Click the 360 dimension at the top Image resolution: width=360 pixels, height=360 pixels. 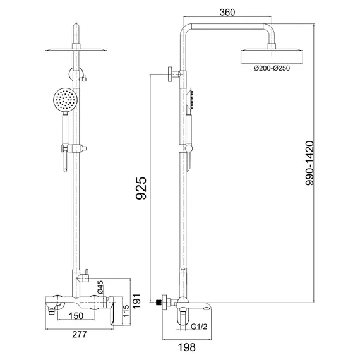[x=227, y=13]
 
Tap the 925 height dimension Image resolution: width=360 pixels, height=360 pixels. [x=141, y=188]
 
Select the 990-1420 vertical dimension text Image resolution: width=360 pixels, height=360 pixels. [x=309, y=163]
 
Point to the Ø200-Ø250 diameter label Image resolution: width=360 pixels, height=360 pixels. [x=272, y=68]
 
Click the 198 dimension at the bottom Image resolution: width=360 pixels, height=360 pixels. [x=187, y=347]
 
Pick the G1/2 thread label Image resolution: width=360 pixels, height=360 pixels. [x=199, y=327]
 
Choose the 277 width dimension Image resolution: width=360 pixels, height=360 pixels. [x=80, y=334]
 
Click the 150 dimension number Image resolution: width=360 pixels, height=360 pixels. [x=76, y=316]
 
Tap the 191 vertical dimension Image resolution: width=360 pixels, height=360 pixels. [x=136, y=301]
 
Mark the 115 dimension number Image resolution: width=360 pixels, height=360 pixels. [x=126, y=311]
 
